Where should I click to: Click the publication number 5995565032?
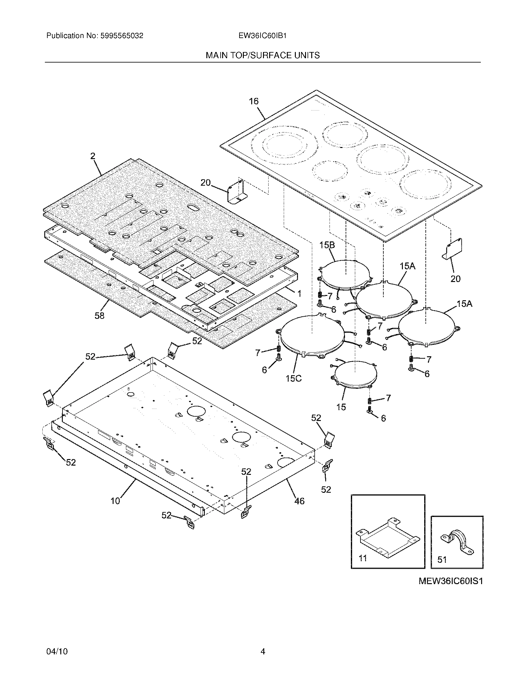[x=122, y=36]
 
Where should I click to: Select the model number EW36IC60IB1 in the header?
[x=262, y=36]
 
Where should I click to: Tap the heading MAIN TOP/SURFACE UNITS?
[x=262, y=55]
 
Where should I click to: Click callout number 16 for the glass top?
[x=254, y=101]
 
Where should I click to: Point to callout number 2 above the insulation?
[x=93, y=156]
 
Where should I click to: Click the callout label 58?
[x=99, y=316]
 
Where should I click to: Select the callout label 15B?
[x=327, y=245]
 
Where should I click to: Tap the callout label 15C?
[x=294, y=379]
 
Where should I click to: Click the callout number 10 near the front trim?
[x=115, y=501]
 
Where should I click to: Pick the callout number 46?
[x=299, y=501]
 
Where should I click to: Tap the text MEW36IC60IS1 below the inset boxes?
[x=451, y=582]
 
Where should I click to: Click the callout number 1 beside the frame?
[x=299, y=293]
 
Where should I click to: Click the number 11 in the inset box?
[x=363, y=558]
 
